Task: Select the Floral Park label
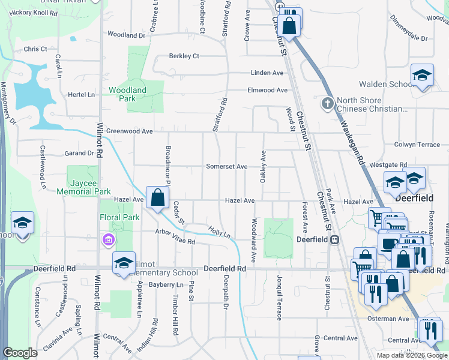click(x=119, y=218)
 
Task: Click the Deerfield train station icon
click(x=335, y=239)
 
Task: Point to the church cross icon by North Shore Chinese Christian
click(x=327, y=103)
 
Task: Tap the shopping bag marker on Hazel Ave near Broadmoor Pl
click(x=157, y=197)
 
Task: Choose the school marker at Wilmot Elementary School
click(x=124, y=262)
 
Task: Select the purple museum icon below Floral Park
click(x=108, y=241)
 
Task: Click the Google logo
click(x=20, y=353)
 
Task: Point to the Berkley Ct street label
click(x=183, y=56)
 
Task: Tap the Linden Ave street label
click(x=267, y=73)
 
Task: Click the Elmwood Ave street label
click(x=267, y=90)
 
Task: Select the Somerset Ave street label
click(x=226, y=166)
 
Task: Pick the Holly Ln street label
click(x=219, y=230)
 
